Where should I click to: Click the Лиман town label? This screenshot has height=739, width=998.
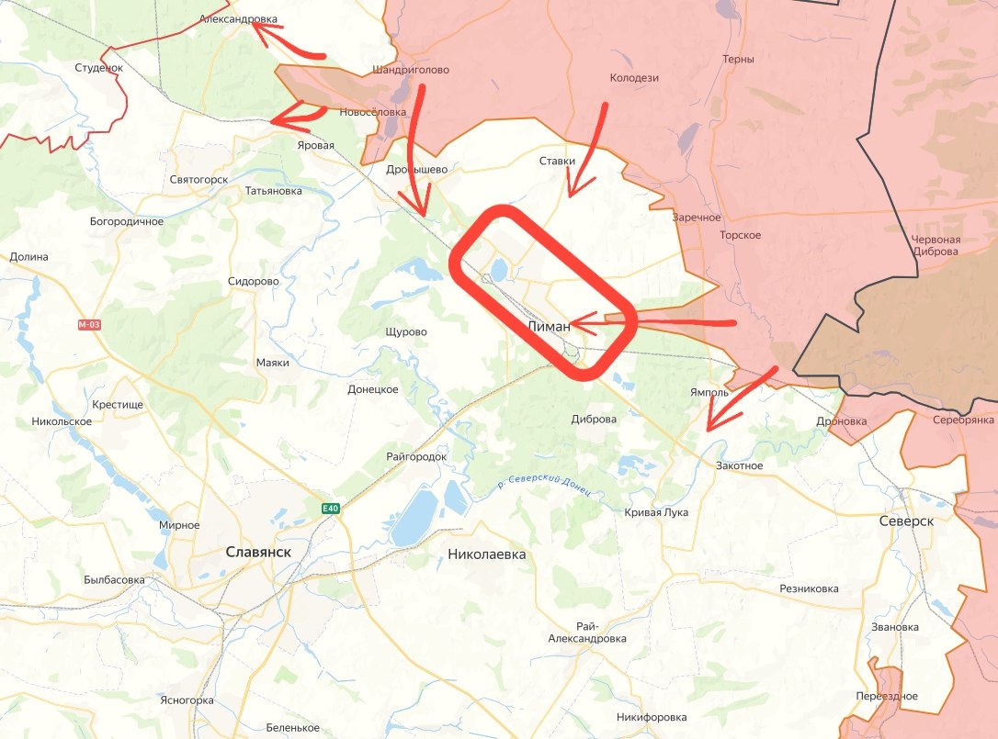tap(549, 326)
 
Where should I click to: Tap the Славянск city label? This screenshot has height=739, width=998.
tap(258, 552)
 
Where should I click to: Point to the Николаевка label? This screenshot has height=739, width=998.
tap(486, 554)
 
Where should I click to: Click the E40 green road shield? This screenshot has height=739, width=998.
tap(331, 509)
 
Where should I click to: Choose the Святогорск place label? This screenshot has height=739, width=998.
tap(198, 179)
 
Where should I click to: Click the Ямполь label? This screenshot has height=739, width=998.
tap(709, 392)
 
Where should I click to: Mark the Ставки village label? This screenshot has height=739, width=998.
tap(557, 162)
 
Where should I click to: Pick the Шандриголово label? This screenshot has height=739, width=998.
tap(411, 70)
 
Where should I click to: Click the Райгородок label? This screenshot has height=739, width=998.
tap(416, 456)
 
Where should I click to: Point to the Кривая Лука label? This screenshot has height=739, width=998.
tap(656, 512)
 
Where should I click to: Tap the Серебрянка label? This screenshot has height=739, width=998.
tap(963, 420)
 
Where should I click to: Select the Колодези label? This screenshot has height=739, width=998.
tap(635, 78)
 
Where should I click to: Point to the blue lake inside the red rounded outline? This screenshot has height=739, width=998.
tap(499, 270)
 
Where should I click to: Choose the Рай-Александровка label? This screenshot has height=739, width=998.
tap(586, 632)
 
